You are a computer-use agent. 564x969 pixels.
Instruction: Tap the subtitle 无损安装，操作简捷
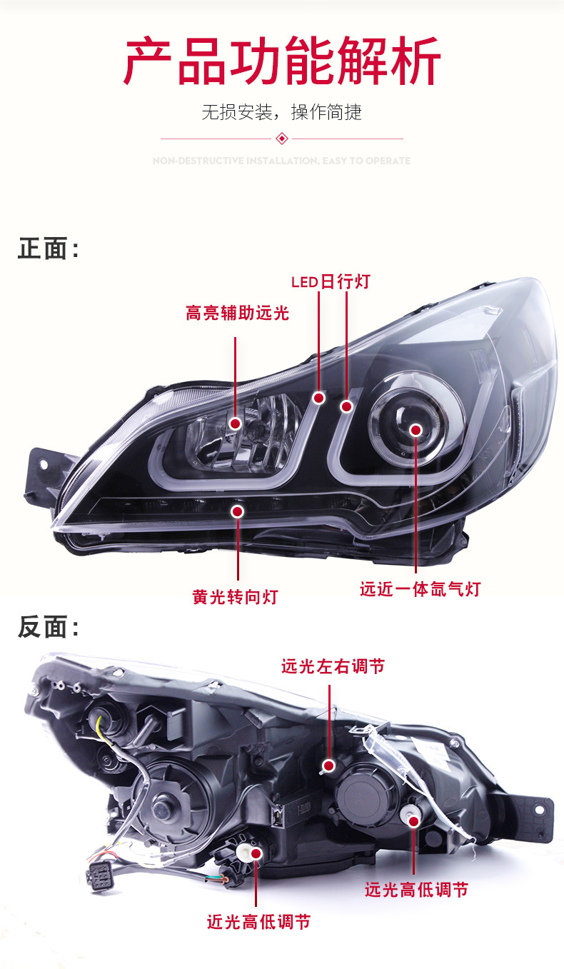click(282, 112)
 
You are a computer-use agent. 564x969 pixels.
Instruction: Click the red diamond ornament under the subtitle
click(282, 138)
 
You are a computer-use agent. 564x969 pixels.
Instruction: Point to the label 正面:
click(48, 249)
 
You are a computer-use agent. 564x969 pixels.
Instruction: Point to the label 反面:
click(48, 628)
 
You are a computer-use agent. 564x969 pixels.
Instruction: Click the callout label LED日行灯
click(331, 281)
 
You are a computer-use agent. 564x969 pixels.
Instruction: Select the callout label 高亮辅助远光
click(237, 313)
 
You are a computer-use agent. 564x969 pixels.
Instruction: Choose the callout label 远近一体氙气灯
click(420, 589)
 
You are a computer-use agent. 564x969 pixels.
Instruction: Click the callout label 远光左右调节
click(333, 666)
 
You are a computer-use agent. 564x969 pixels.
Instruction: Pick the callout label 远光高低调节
click(416, 890)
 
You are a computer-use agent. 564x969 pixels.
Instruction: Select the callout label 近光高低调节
click(258, 922)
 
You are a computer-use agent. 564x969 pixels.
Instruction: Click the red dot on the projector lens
click(416, 430)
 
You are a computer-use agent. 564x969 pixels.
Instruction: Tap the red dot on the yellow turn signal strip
click(237, 511)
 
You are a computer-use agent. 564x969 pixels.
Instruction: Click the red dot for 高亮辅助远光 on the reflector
click(235, 423)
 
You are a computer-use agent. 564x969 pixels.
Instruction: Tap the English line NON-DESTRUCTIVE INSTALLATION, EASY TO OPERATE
click(282, 161)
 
